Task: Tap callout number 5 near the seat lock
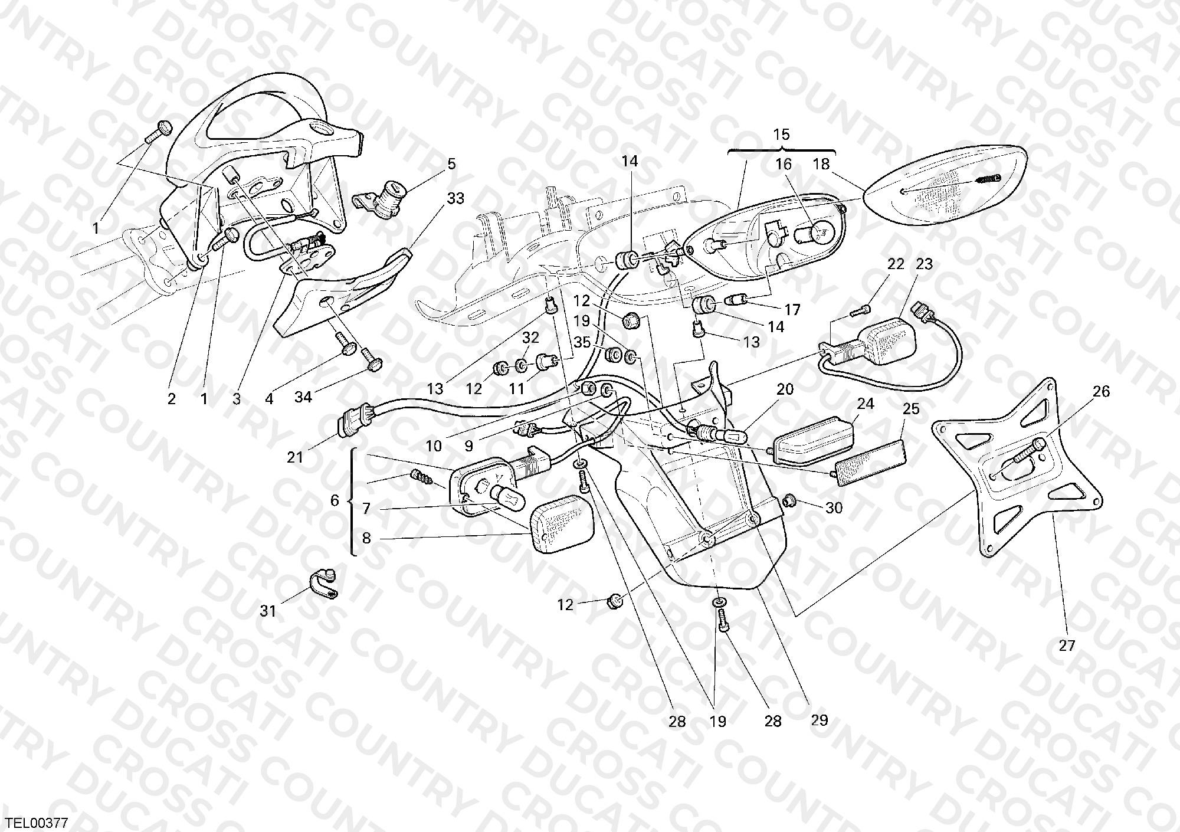click(451, 164)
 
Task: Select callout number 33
click(455, 199)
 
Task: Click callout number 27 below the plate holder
click(1067, 646)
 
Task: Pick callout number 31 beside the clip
click(268, 611)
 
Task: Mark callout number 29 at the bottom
click(820, 720)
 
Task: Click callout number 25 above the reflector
click(912, 408)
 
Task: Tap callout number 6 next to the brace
click(335, 500)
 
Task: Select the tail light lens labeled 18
click(946, 185)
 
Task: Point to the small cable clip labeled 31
click(323, 584)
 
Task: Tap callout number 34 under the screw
click(303, 398)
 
